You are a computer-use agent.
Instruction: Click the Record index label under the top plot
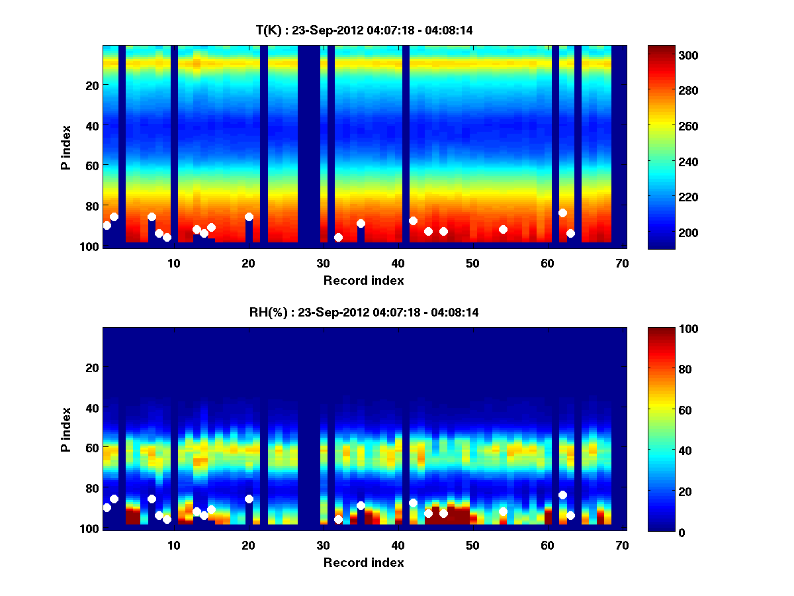pos(363,280)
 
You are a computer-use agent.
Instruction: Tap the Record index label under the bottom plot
pos(363,562)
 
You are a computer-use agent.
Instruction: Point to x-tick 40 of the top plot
pos(398,262)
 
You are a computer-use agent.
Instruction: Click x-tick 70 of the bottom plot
pos(622,544)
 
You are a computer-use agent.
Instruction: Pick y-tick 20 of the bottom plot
pos(91,368)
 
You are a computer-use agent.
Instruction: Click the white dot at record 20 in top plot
pos(249,217)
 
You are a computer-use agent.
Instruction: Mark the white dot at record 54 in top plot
pos(503,229)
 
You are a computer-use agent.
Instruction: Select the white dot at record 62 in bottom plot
pos(562,495)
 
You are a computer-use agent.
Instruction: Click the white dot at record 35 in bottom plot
pos(361,505)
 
